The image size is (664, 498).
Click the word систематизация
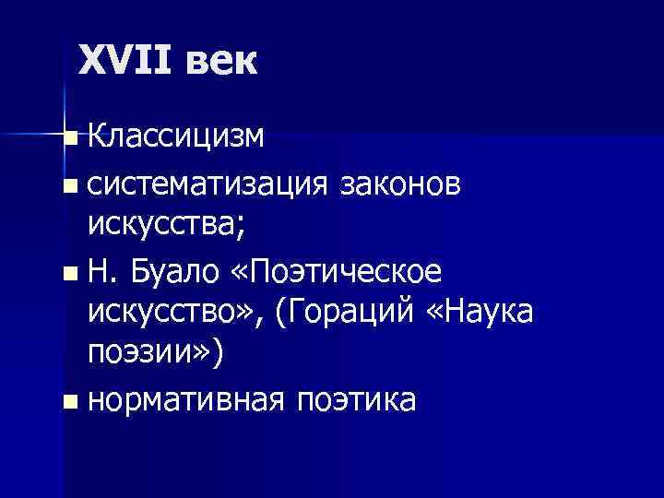point(208,185)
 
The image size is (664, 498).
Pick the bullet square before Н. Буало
point(73,274)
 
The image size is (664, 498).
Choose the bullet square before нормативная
point(73,401)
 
